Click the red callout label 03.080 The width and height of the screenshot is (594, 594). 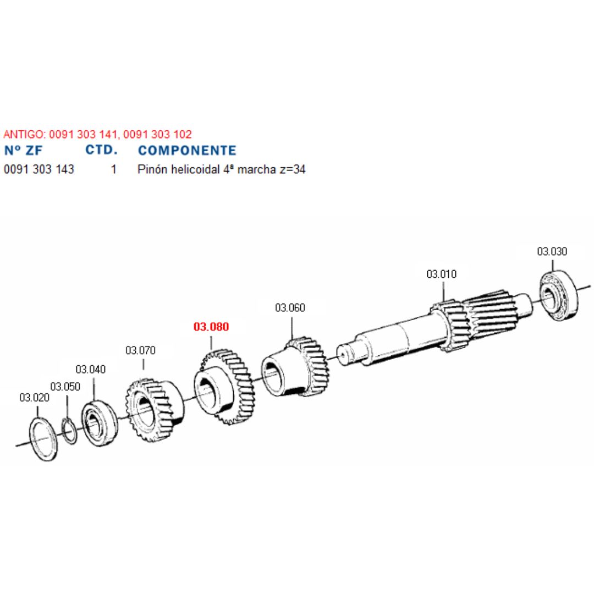[x=211, y=327]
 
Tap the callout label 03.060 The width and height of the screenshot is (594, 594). [x=290, y=307]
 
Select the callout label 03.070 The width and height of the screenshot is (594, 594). [x=140, y=350]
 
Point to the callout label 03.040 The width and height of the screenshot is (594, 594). [x=91, y=370]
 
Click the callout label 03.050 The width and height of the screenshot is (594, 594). [x=65, y=387]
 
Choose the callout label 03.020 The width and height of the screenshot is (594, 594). [x=34, y=398]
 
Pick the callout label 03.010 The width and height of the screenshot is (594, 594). [x=441, y=274]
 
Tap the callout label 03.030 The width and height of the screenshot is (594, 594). [x=552, y=251]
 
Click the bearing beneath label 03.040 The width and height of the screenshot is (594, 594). [x=99, y=423]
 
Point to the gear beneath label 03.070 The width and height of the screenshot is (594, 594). [x=155, y=409]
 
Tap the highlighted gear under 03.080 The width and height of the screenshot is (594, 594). [x=223, y=387]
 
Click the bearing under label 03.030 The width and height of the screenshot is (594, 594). [x=559, y=295]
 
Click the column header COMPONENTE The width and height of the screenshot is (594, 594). [x=187, y=150]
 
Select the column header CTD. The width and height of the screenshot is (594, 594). [x=101, y=150]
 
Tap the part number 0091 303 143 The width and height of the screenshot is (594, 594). [x=39, y=169]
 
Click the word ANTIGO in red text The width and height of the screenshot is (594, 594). [x=24, y=134]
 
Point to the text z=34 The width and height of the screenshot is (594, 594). [x=293, y=169]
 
